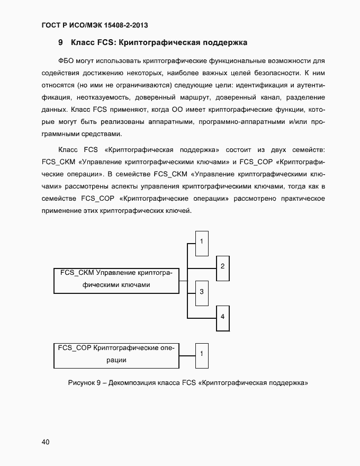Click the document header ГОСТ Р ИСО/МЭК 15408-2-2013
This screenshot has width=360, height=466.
[x=94, y=25]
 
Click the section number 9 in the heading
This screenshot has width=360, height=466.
[x=61, y=42]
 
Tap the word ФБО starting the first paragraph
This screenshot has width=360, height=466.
[x=69, y=61]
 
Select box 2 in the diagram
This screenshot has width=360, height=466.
[x=223, y=266]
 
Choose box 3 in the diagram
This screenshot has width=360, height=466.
[x=202, y=292]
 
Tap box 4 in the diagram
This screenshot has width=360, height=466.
[x=223, y=317]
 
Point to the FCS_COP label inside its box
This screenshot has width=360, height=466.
[x=75, y=348]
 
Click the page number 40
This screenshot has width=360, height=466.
[x=46, y=442]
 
